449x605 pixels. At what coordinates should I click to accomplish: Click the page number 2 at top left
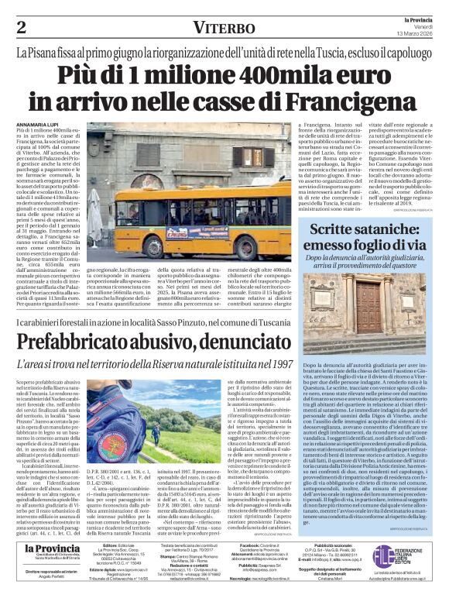point(22,28)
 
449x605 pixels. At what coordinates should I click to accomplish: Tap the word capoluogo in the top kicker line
point(401,54)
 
